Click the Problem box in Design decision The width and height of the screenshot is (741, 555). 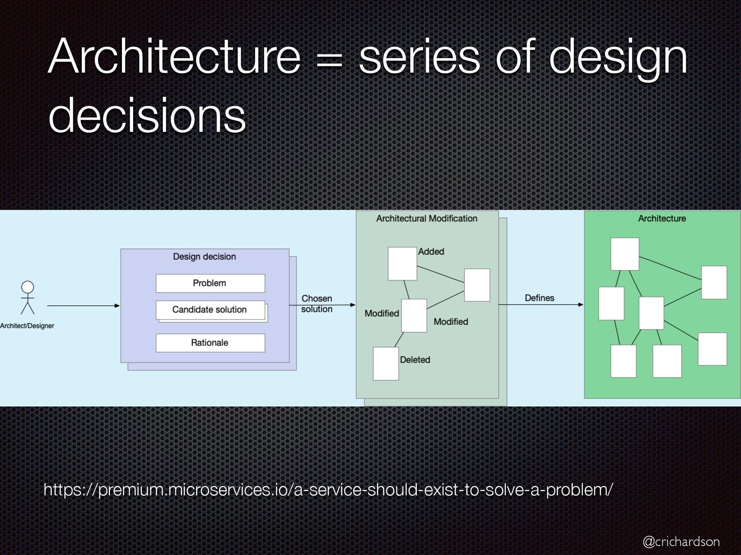click(210, 283)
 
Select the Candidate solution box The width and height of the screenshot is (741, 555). click(210, 310)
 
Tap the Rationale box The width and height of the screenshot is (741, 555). click(210, 343)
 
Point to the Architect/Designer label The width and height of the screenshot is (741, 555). click(27, 326)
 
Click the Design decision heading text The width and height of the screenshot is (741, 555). click(204, 257)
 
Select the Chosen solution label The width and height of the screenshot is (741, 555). click(316, 304)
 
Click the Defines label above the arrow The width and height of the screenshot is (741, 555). click(539, 298)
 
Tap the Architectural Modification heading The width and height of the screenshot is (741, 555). click(426, 219)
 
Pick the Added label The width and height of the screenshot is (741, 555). click(431, 252)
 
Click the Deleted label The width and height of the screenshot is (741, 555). click(415, 360)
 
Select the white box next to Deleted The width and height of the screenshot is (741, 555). click(386, 363)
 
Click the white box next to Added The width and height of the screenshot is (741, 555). click(402, 264)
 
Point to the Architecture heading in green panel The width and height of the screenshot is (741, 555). click(662, 219)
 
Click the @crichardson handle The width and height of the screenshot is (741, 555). click(681, 542)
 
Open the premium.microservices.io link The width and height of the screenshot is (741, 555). click(328, 490)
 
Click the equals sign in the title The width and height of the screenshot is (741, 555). click(329, 62)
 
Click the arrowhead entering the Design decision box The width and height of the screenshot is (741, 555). click(117, 306)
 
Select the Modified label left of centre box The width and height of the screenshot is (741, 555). click(382, 313)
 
